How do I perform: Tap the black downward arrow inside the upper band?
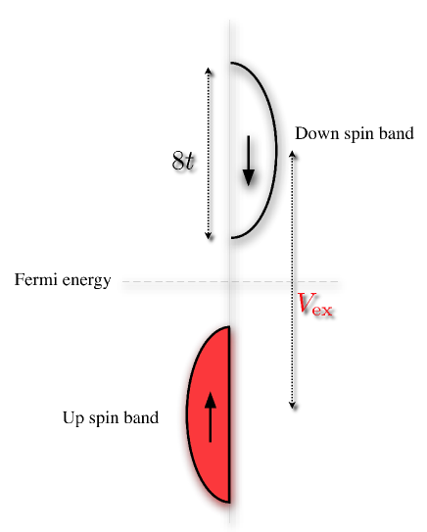click(248, 162)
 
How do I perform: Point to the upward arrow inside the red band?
click(210, 416)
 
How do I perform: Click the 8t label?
click(183, 162)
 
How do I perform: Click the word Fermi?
click(36, 282)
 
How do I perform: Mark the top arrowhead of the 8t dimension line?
click(208, 70)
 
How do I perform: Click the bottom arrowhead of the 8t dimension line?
click(208, 235)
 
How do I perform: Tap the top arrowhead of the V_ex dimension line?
click(293, 153)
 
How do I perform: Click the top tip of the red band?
click(228, 327)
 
